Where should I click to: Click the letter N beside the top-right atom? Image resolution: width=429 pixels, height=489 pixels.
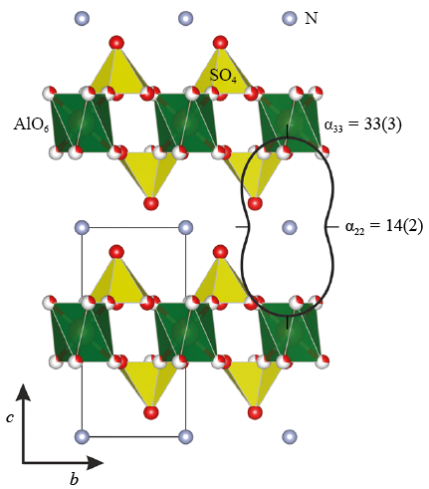311,18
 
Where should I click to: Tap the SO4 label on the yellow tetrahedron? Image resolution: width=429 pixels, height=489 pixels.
223,76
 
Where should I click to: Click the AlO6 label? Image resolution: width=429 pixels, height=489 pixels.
31,124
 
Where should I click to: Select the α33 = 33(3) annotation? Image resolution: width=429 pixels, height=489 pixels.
362,124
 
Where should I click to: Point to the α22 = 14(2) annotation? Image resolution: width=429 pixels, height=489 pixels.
384,227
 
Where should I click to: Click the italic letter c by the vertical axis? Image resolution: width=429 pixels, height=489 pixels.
10,417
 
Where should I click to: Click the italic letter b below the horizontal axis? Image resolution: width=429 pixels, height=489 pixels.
75,478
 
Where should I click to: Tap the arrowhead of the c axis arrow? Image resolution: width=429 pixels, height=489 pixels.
23,392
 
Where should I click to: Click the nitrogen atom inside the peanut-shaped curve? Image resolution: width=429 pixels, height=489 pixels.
290,227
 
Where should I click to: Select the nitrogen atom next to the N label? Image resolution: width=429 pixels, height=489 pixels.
290,18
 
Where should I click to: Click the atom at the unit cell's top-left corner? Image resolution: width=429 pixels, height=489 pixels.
82,227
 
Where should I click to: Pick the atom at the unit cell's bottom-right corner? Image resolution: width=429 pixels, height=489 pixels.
186,436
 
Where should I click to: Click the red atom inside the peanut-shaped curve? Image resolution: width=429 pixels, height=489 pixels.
255,203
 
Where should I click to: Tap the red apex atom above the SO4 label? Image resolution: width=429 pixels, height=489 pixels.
220,43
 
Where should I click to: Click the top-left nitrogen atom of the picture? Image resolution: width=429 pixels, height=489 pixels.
82,18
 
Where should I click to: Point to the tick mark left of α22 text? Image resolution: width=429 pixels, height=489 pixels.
331,227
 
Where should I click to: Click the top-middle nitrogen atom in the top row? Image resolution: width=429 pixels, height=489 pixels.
186,18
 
